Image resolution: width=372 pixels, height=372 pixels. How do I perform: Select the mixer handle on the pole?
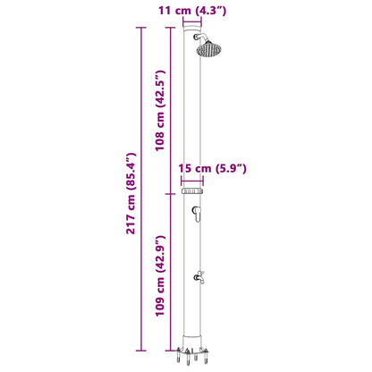click(194, 212)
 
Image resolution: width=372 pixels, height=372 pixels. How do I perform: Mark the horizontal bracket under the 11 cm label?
click(192, 24)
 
